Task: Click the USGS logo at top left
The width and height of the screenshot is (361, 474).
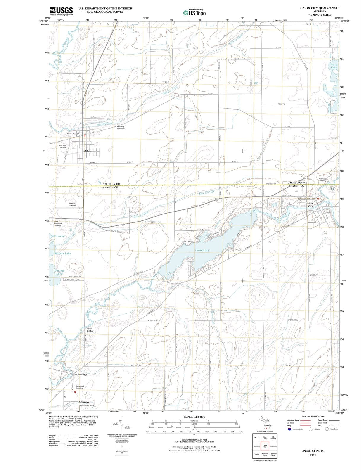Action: click(x=61, y=11)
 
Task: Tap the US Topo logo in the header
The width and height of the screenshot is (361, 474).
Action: click(x=194, y=13)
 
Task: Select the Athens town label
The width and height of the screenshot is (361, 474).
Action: click(x=88, y=151)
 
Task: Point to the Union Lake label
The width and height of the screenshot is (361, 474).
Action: click(x=202, y=250)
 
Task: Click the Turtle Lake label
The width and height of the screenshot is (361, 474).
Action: click(x=334, y=66)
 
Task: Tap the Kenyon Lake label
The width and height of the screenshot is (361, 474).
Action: click(x=63, y=254)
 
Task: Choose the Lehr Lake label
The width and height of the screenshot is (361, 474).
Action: click(x=58, y=236)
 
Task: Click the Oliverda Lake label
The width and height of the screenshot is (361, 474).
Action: click(x=60, y=272)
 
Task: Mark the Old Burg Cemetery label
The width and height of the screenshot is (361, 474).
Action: click(x=121, y=128)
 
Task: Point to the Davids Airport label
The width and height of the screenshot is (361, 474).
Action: click(x=73, y=204)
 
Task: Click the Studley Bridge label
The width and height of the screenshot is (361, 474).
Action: click(x=80, y=375)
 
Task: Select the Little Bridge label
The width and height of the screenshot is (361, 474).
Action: click(x=90, y=329)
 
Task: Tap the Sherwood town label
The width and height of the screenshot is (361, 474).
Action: click(x=84, y=402)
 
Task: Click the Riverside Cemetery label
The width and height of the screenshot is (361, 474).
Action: click(x=322, y=180)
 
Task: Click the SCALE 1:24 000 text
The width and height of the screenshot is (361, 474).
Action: click(x=194, y=417)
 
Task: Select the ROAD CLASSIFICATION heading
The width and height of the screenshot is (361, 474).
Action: click(x=313, y=417)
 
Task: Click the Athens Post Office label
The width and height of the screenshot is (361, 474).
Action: click(x=74, y=134)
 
